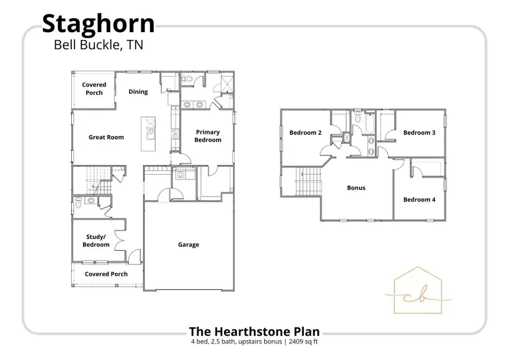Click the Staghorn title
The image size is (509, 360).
click(x=98, y=24)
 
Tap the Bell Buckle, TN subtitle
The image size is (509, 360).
click(x=98, y=45)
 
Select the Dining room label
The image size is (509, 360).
click(x=138, y=92)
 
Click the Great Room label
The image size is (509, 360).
click(x=106, y=137)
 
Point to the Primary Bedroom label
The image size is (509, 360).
click(x=208, y=136)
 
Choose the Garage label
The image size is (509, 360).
click(x=188, y=245)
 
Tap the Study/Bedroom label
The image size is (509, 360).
click(x=96, y=241)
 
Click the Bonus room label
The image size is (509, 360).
click(x=356, y=188)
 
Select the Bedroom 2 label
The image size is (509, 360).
click(x=305, y=133)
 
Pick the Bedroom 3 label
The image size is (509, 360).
click(x=419, y=133)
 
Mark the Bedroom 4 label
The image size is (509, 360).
click(x=419, y=199)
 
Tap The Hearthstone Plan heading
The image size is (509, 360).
click(x=254, y=332)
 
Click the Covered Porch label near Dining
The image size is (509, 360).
click(x=94, y=89)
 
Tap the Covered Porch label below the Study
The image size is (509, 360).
click(x=106, y=274)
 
